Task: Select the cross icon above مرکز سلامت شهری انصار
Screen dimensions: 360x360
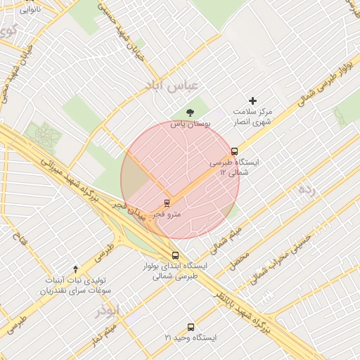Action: [x=253, y=101]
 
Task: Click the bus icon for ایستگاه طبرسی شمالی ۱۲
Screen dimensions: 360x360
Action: [x=234, y=151]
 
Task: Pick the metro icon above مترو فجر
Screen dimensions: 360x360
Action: [x=167, y=202]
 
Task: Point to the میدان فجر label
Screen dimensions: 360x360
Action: [x=129, y=212]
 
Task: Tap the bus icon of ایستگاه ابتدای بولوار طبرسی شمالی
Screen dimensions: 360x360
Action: [x=175, y=255]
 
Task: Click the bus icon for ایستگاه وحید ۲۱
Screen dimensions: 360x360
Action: [x=191, y=327]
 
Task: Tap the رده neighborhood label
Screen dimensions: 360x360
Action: [x=308, y=190]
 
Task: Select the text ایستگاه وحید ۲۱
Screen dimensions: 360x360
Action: [x=191, y=338]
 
